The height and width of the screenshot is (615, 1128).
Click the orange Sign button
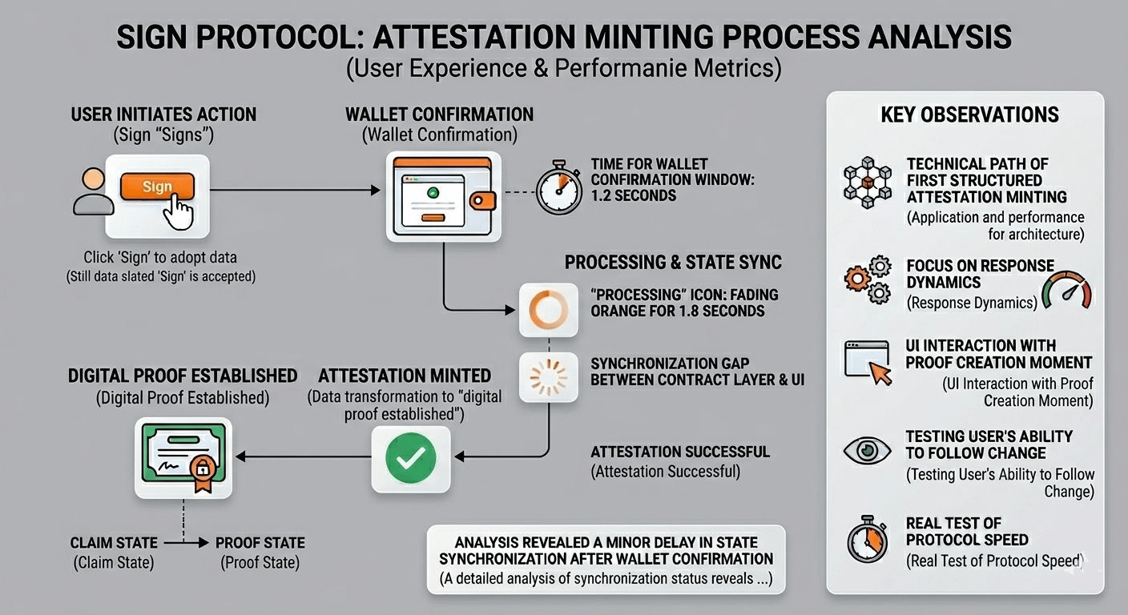pyautogui.click(x=157, y=187)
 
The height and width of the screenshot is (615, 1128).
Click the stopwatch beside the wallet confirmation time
pyautogui.click(x=559, y=190)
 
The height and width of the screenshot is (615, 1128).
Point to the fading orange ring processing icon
pyautogui.click(x=549, y=309)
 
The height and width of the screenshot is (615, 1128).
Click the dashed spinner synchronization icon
pyautogui.click(x=549, y=376)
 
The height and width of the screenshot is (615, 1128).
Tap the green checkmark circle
pyautogui.click(x=411, y=458)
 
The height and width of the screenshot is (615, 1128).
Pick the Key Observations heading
pyautogui.click(x=969, y=115)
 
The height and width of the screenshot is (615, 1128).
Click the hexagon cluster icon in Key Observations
pyautogui.click(x=867, y=182)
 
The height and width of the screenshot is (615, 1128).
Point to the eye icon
pyautogui.click(x=867, y=451)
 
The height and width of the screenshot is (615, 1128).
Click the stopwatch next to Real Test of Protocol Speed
pyautogui.click(x=868, y=538)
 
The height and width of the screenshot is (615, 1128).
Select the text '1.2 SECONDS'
pyautogui.click(x=634, y=195)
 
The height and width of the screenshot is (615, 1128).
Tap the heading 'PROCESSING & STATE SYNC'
pyautogui.click(x=673, y=263)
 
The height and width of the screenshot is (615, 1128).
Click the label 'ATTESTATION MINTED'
pyautogui.click(x=405, y=376)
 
